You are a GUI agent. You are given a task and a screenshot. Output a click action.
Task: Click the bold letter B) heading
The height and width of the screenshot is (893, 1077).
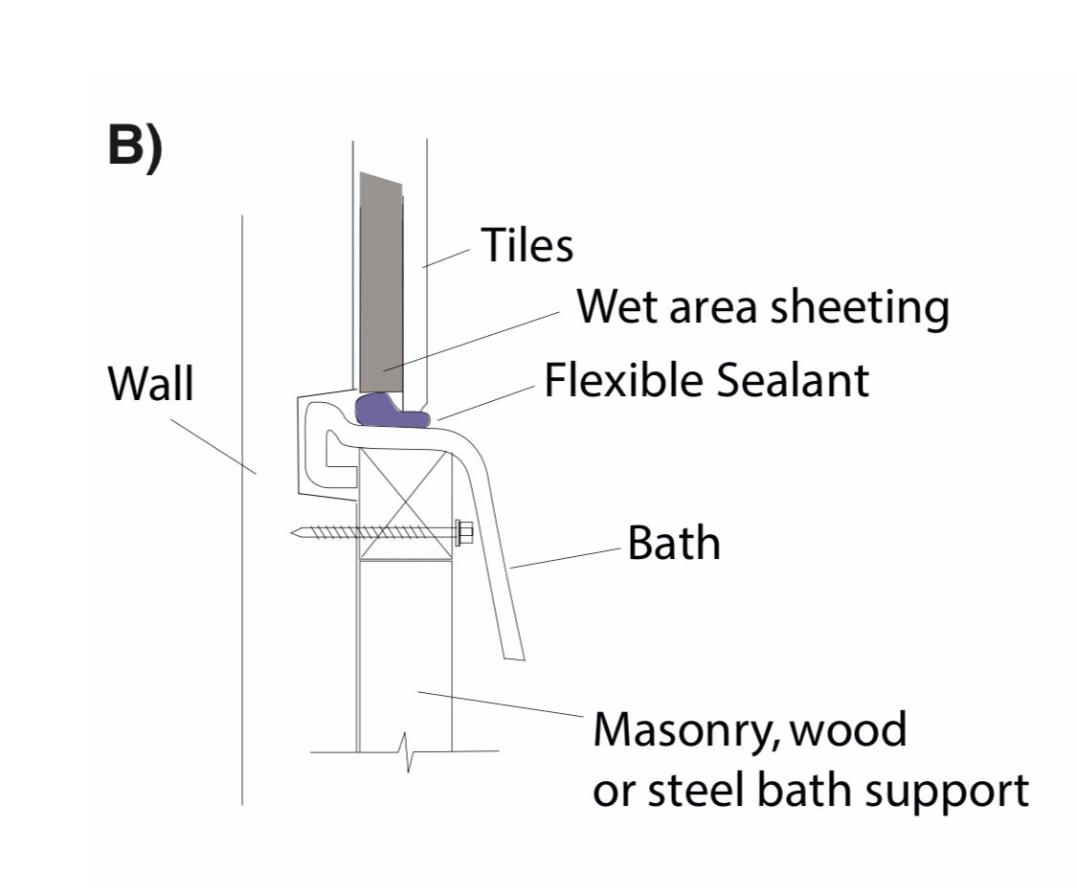(135, 146)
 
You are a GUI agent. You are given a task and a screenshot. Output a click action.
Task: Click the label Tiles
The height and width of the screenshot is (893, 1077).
(527, 245)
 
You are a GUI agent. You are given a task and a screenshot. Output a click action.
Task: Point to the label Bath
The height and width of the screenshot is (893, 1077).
(673, 544)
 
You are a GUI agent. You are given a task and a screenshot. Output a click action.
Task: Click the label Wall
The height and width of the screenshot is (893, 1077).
(150, 385)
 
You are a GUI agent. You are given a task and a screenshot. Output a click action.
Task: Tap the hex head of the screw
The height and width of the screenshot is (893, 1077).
(465, 533)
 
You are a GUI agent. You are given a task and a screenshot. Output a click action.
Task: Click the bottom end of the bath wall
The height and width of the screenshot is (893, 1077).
(514, 656)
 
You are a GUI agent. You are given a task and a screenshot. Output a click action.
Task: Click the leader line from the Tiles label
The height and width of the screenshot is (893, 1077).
(445, 257)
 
